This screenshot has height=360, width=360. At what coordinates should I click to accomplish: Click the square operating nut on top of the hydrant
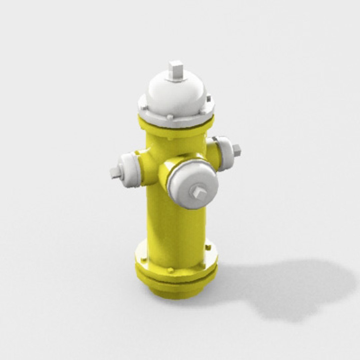point(175,71)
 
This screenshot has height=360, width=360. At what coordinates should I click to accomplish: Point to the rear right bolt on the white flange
point(209,99)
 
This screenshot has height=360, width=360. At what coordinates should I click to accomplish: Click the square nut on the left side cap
point(115,172)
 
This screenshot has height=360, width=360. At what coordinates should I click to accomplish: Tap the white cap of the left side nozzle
point(128,170)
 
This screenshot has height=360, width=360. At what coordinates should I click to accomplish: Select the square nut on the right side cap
point(237,150)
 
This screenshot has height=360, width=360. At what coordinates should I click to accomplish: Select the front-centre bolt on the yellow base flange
point(170,270)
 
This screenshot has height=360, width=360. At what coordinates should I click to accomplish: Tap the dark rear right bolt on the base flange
point(208,247)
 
